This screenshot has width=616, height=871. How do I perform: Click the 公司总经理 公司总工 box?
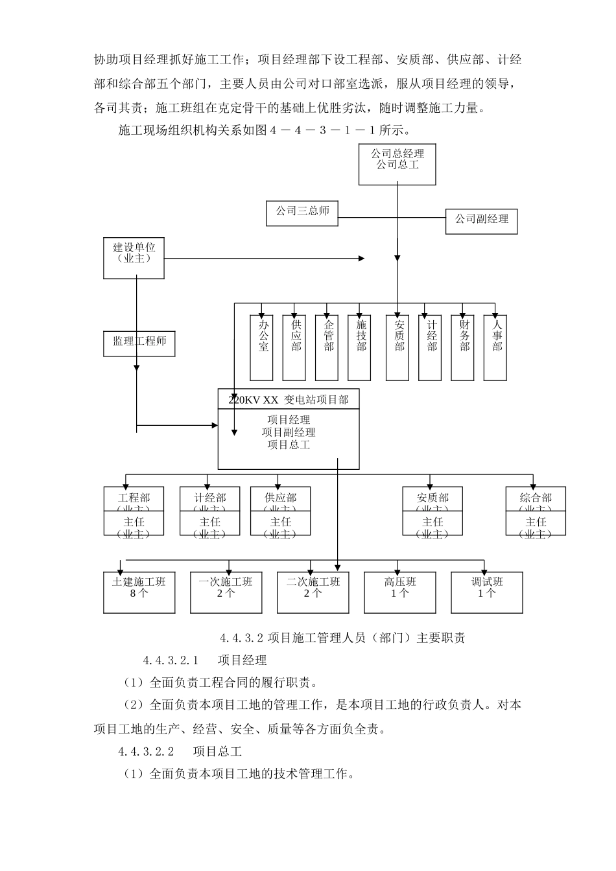click(x=397, y=165)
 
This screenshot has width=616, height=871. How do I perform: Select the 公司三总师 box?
click(x=302, y=213)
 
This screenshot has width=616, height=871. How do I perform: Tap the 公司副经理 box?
click(x=482, y=221)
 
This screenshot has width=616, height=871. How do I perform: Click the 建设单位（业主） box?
click(x=134, y=258)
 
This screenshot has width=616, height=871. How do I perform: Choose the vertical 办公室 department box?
click(x=262, y=347)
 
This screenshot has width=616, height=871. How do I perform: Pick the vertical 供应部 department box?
click(x=295, y=347)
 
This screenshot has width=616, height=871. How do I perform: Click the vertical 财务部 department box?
click(x=464, y=347)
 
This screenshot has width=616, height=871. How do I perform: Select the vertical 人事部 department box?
click(x=496, y=347)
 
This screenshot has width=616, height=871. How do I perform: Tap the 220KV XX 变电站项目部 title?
click(x=289, y=399)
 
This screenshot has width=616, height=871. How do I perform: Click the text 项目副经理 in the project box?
click(x=289, y=432)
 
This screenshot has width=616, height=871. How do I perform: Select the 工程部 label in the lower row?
click(x=134, y=498)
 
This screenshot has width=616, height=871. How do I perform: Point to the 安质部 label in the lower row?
click(x=432, y=498)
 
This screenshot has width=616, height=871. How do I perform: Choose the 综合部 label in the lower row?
click(x=536, y=498)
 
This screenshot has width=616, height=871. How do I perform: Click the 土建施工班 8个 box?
click(x=139, y=592)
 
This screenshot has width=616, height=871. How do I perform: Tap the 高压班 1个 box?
click(x=400, y=592)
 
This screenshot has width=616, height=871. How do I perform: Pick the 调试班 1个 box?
click(x=487, y=592)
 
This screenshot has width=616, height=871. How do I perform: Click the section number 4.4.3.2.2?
click(x=147, y=751)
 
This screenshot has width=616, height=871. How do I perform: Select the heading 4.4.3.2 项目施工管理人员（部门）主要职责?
click(x=342, y=638)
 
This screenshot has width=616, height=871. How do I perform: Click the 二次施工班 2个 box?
click(x=313, y=592)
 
